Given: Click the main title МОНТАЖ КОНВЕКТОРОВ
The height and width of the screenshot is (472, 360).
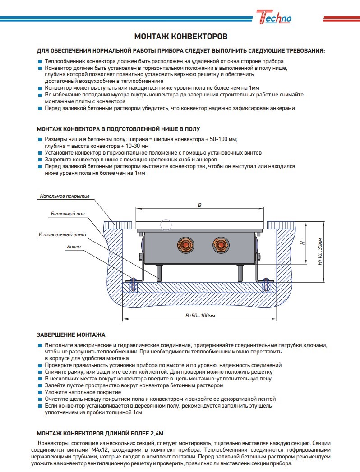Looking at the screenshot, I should pos(180,36).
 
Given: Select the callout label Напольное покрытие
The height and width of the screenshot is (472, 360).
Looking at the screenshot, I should pos(65,196).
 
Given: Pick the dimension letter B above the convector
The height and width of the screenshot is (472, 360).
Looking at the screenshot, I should pos(199,205).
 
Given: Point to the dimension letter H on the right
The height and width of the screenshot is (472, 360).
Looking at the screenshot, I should pos(303,243).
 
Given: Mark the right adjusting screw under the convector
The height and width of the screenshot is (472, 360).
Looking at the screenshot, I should pos(239,273).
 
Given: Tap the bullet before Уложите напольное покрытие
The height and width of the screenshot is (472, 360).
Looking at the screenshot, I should pos(40,393).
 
